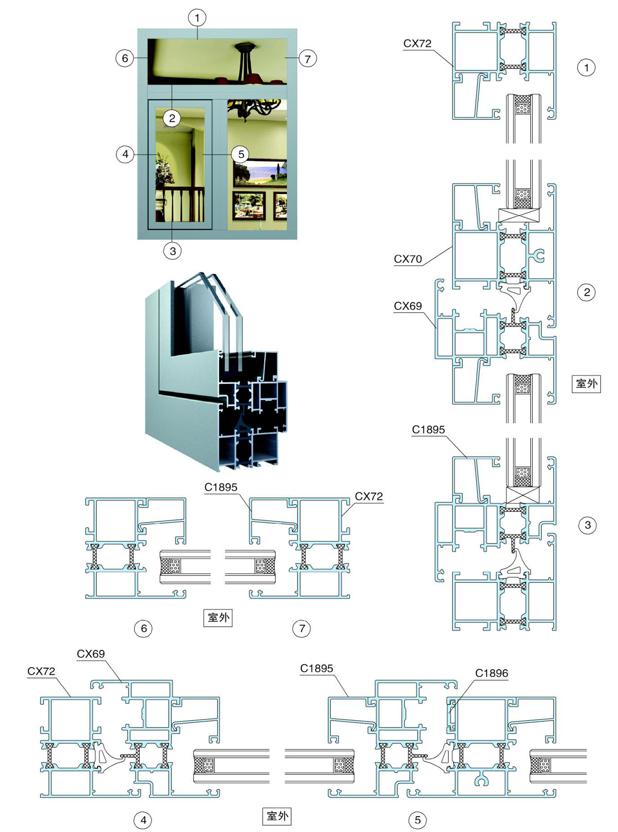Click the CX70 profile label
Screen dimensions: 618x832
408,259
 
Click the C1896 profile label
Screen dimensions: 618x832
491,673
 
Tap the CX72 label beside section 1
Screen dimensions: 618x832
417,44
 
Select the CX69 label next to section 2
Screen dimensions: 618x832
408,306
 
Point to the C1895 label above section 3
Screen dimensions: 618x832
428,430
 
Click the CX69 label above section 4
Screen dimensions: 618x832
91,654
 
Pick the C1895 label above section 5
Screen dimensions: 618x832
317,668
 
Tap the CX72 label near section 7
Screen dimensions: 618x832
369,496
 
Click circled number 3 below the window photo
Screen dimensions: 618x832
173,251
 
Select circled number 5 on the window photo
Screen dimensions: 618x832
241,154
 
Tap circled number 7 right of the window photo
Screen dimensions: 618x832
308,58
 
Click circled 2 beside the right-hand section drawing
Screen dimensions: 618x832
586,292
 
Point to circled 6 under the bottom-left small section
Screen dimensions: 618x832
144,628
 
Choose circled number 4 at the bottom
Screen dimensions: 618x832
143,820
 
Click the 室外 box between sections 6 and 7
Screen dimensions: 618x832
218,617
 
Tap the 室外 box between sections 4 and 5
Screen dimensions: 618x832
277,816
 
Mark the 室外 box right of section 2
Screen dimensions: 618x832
586,384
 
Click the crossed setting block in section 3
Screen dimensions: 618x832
523,495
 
